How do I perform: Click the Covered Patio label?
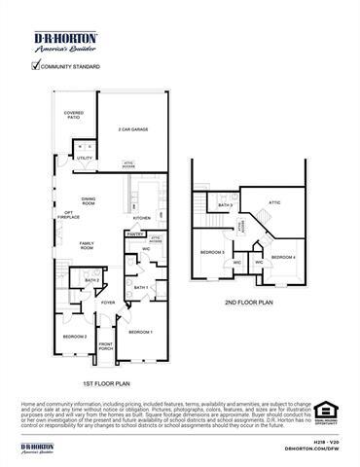pos(74,115)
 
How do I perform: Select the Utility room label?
pos(85,158)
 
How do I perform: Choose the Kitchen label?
pos(142,218)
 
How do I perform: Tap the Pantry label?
pos(134,234)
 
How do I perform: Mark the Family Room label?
pos(87,246)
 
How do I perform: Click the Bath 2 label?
pos(92,281)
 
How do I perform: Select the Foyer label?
pos(108,303)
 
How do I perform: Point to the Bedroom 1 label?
pos(141,333)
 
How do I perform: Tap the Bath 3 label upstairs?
pos(225,206)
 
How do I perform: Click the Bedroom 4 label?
pos(283,256)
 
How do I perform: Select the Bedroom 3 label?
pos(213,253)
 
